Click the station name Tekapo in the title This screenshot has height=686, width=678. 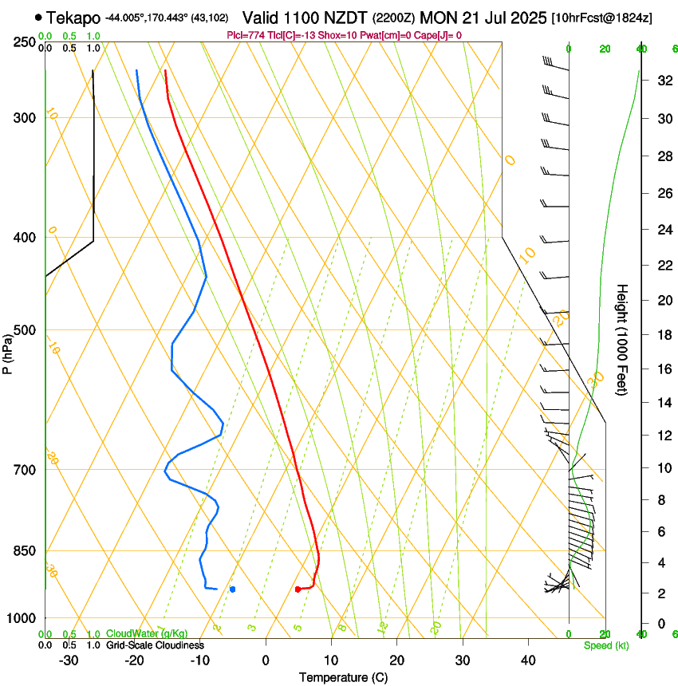pyautogui.click(x=73, y=18)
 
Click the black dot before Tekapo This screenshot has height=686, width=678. pyautogui.click(x=37, y=17)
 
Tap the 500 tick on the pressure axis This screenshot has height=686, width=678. pyautogui.click(x=25, y=330)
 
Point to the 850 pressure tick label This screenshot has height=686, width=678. pyautogui.click(x=25, y=551)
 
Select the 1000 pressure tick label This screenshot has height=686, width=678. pyautogui.click(x=22, y=618)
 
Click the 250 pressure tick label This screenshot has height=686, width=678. pyautogui.click(x=25, y=41)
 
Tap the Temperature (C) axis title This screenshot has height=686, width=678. pyautogui.click(x=343, y=678)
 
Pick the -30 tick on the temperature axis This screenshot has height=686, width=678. pyautogui.click(x=69, y=660)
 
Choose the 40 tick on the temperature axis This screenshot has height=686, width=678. pyautogui.click(x=528, y=660)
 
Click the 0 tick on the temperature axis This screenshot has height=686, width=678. pyautogui.click(x=266, y=660)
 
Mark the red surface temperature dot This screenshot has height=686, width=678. pyautogui.click(x=298, y=589)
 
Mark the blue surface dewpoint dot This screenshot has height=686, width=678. pyautogui.click(x=232, y=589)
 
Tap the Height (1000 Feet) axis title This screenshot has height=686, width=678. pyautogui.click(x=623, y=339)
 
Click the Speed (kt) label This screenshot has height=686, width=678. pyautogui.click(x=605, y=645)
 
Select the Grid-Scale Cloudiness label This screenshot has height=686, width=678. pyautogui.click(x=155, y=645)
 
